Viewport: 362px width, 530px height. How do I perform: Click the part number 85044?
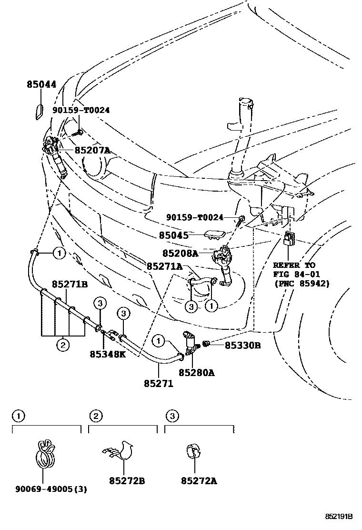41,85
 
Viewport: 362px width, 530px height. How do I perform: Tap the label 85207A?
92,150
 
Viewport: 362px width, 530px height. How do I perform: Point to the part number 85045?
174,235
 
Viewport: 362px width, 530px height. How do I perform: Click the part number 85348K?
108,354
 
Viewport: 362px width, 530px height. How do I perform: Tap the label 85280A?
196,373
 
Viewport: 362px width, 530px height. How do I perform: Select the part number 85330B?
242,345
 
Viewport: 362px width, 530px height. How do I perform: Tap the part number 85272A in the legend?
199,481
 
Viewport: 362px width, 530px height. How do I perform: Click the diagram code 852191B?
339,516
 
